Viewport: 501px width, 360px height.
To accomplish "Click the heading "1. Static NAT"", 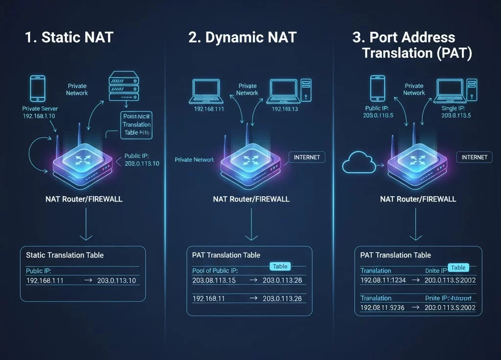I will (68, 38).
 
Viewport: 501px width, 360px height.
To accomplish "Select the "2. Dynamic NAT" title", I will (242, 38).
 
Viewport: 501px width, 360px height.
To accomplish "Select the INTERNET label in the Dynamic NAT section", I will (307, 157).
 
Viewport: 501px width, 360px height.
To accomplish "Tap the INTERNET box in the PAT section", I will (474, 157).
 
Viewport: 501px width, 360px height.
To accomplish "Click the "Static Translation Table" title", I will (65, 255).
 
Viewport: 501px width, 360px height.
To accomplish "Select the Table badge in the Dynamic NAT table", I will (280, 266).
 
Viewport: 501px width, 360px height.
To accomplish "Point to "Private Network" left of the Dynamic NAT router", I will (194, 159).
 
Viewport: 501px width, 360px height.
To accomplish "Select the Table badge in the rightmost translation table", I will (458, 268).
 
